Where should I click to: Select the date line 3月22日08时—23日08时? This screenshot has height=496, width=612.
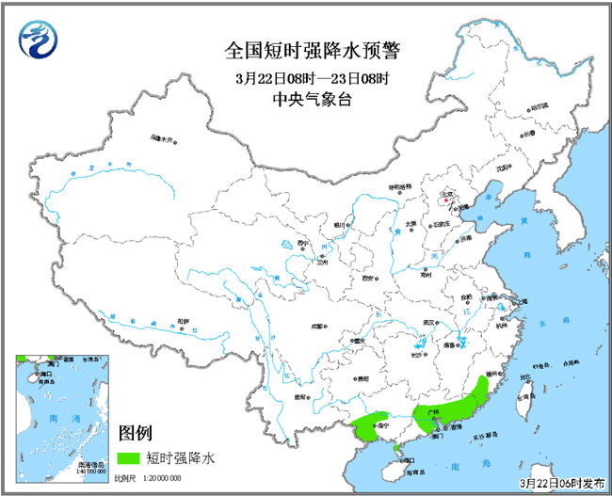click(307, 75)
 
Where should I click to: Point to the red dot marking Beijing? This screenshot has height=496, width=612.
click(443, 199)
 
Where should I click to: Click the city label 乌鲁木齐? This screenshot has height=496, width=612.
click(162, 139)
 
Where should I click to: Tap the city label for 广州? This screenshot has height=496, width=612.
click(434, 411)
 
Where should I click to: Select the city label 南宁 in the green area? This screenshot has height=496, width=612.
click(381, 426)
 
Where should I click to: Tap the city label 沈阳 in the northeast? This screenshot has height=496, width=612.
click(515, 168)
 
